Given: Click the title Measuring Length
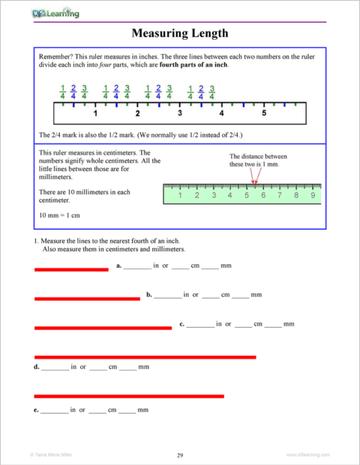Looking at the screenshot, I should tap(179, 34).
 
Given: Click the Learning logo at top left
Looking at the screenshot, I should tap(57, 13).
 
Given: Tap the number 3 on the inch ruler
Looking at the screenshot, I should tap(179, 114).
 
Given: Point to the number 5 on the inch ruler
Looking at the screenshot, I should tap(264, 114).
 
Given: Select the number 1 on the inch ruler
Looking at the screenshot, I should tap(95, 114).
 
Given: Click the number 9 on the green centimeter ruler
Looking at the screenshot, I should tap(313, 196).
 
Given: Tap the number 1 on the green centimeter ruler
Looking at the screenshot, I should tap(180, 196).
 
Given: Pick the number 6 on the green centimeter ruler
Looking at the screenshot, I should tap(263, 196).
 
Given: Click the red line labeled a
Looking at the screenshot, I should tap(71, 269).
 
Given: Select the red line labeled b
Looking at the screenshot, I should tap(87, 298).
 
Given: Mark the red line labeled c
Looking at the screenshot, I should tap(103, 327).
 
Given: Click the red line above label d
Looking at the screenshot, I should tap(145, 356).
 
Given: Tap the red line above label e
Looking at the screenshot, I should tap(129, 395).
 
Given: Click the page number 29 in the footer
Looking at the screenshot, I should tap(180, 455).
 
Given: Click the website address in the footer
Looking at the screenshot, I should tap(307, 455).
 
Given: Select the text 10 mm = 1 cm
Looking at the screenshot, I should tap(58, 214).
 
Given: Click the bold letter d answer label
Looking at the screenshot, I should tap(37, 367).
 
